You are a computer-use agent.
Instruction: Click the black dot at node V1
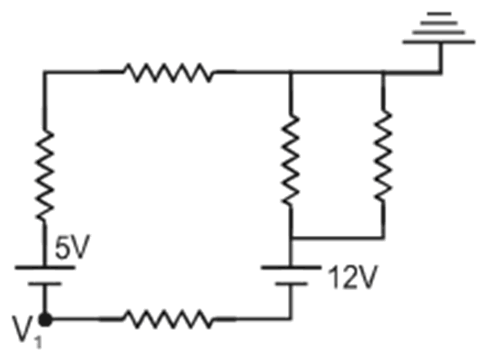click(x=46, y=318)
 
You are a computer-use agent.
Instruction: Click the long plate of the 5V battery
click(x=45, y=267)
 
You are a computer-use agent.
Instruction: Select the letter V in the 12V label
click(x=365, y=282)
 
